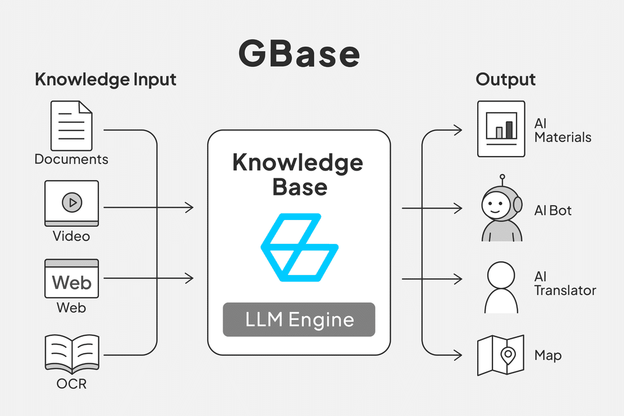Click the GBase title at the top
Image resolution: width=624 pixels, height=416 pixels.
299,54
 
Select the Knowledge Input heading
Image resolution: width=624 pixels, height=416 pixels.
106,80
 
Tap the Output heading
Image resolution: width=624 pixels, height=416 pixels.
505,80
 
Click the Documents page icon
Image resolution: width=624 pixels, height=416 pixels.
71,126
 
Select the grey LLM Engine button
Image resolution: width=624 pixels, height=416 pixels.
299,319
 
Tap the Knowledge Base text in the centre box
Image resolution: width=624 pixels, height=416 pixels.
297,174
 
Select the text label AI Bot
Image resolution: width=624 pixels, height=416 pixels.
553,211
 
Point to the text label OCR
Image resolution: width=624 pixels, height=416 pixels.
71,385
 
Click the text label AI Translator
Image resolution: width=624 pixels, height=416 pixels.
565,283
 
